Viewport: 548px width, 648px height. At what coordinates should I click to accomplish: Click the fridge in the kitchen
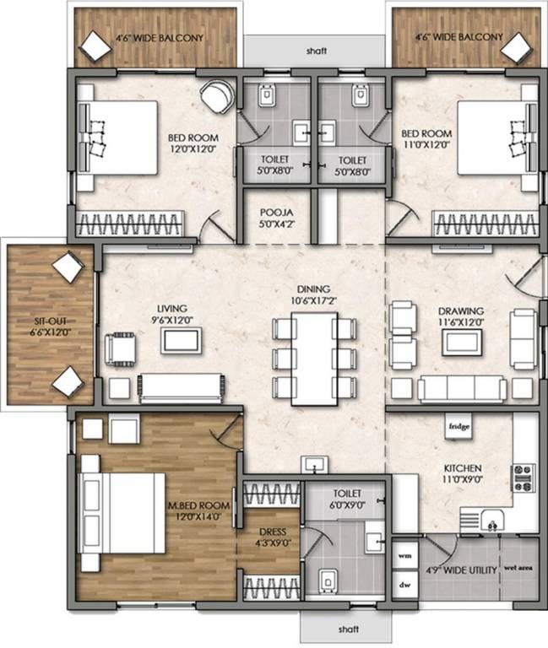point(458,427)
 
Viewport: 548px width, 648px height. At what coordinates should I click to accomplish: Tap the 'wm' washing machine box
point(404,556)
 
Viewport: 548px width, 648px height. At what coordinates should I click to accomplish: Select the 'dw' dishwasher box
point(404,584)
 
